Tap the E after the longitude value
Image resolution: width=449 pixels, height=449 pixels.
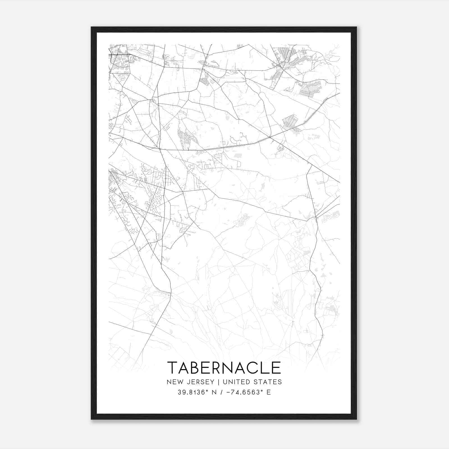click(x=269, y=392)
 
